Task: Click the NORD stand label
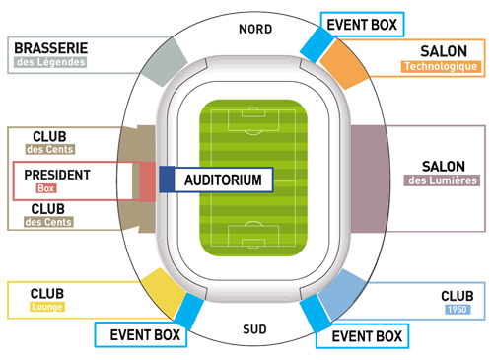point(255,29)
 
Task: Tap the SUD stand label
point(254,326)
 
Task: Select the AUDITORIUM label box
point(223,180)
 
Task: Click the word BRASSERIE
point(49,46)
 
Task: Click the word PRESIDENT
point(57,175)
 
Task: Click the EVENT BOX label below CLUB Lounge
point(144,335)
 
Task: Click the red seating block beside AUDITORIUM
point(147,181)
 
